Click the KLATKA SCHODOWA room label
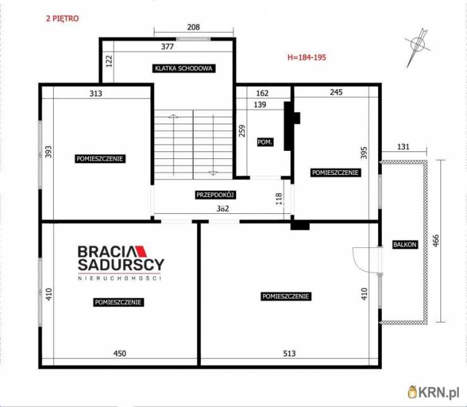[184, 69]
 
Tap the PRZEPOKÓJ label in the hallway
[216, 195]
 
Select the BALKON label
[405, 244]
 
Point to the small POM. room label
[265, 142]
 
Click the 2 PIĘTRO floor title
[62, 18]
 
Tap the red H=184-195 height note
[307, 57]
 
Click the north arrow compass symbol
[417, 47]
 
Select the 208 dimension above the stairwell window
[193, 27]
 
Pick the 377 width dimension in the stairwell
[167, 47]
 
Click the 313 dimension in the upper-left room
[95, 93]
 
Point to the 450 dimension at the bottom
[120, 353]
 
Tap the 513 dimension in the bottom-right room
[289, 353]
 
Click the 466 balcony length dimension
[435, 241]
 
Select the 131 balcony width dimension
[403, 146]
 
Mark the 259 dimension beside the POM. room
[242, 131]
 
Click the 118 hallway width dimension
[279, 199]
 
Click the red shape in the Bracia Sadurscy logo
[141, 251]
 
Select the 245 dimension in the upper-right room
[336, 92]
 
